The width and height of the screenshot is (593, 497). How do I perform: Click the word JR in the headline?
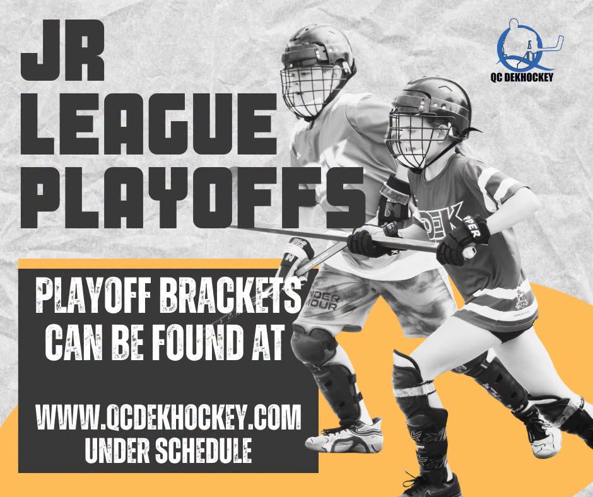(62, 50)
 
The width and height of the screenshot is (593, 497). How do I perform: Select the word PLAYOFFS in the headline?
(192, 198)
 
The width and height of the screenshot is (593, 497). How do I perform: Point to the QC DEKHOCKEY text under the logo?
(522, 77)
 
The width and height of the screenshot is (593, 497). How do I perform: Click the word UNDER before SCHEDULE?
(117, 450)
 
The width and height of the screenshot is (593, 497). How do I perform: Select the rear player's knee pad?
(313, 346)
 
